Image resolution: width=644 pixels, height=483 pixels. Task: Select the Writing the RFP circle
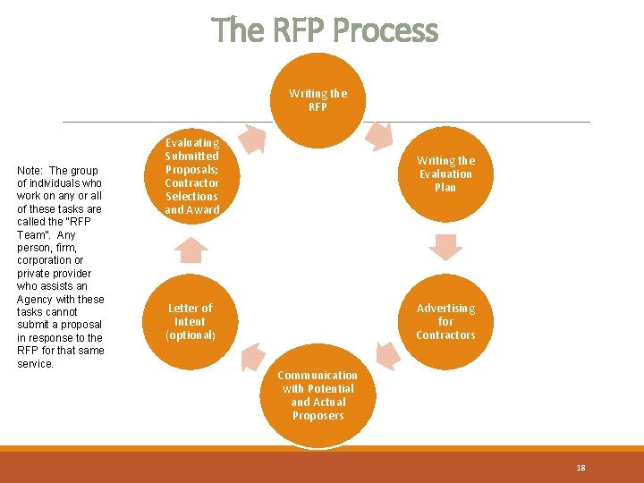click(x=318, y=99)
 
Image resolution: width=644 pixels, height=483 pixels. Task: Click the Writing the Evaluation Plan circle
click(x=445, y=174)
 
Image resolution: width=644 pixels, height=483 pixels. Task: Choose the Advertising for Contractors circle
click(x=445, y=321)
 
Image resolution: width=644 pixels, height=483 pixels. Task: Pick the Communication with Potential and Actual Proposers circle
click(x=318, y=395)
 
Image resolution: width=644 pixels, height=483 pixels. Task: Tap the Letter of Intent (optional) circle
click(x=190, y=321)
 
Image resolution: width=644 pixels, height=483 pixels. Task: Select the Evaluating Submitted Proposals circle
click(x=191, y=175)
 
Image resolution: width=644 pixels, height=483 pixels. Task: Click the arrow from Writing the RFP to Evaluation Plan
click(x=379, y=134)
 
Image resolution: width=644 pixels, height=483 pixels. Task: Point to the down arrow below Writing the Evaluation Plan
click(x=445, y=246)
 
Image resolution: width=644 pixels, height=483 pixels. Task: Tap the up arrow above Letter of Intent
click(x=190, y=249)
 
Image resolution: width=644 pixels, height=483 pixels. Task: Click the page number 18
click(x=580, y=468)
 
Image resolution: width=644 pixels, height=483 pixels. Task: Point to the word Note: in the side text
click(x=30, y=171)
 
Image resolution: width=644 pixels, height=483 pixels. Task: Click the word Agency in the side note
click(x=34, y=300)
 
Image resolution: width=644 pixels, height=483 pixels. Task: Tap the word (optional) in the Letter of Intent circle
click(x=190, y=335)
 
